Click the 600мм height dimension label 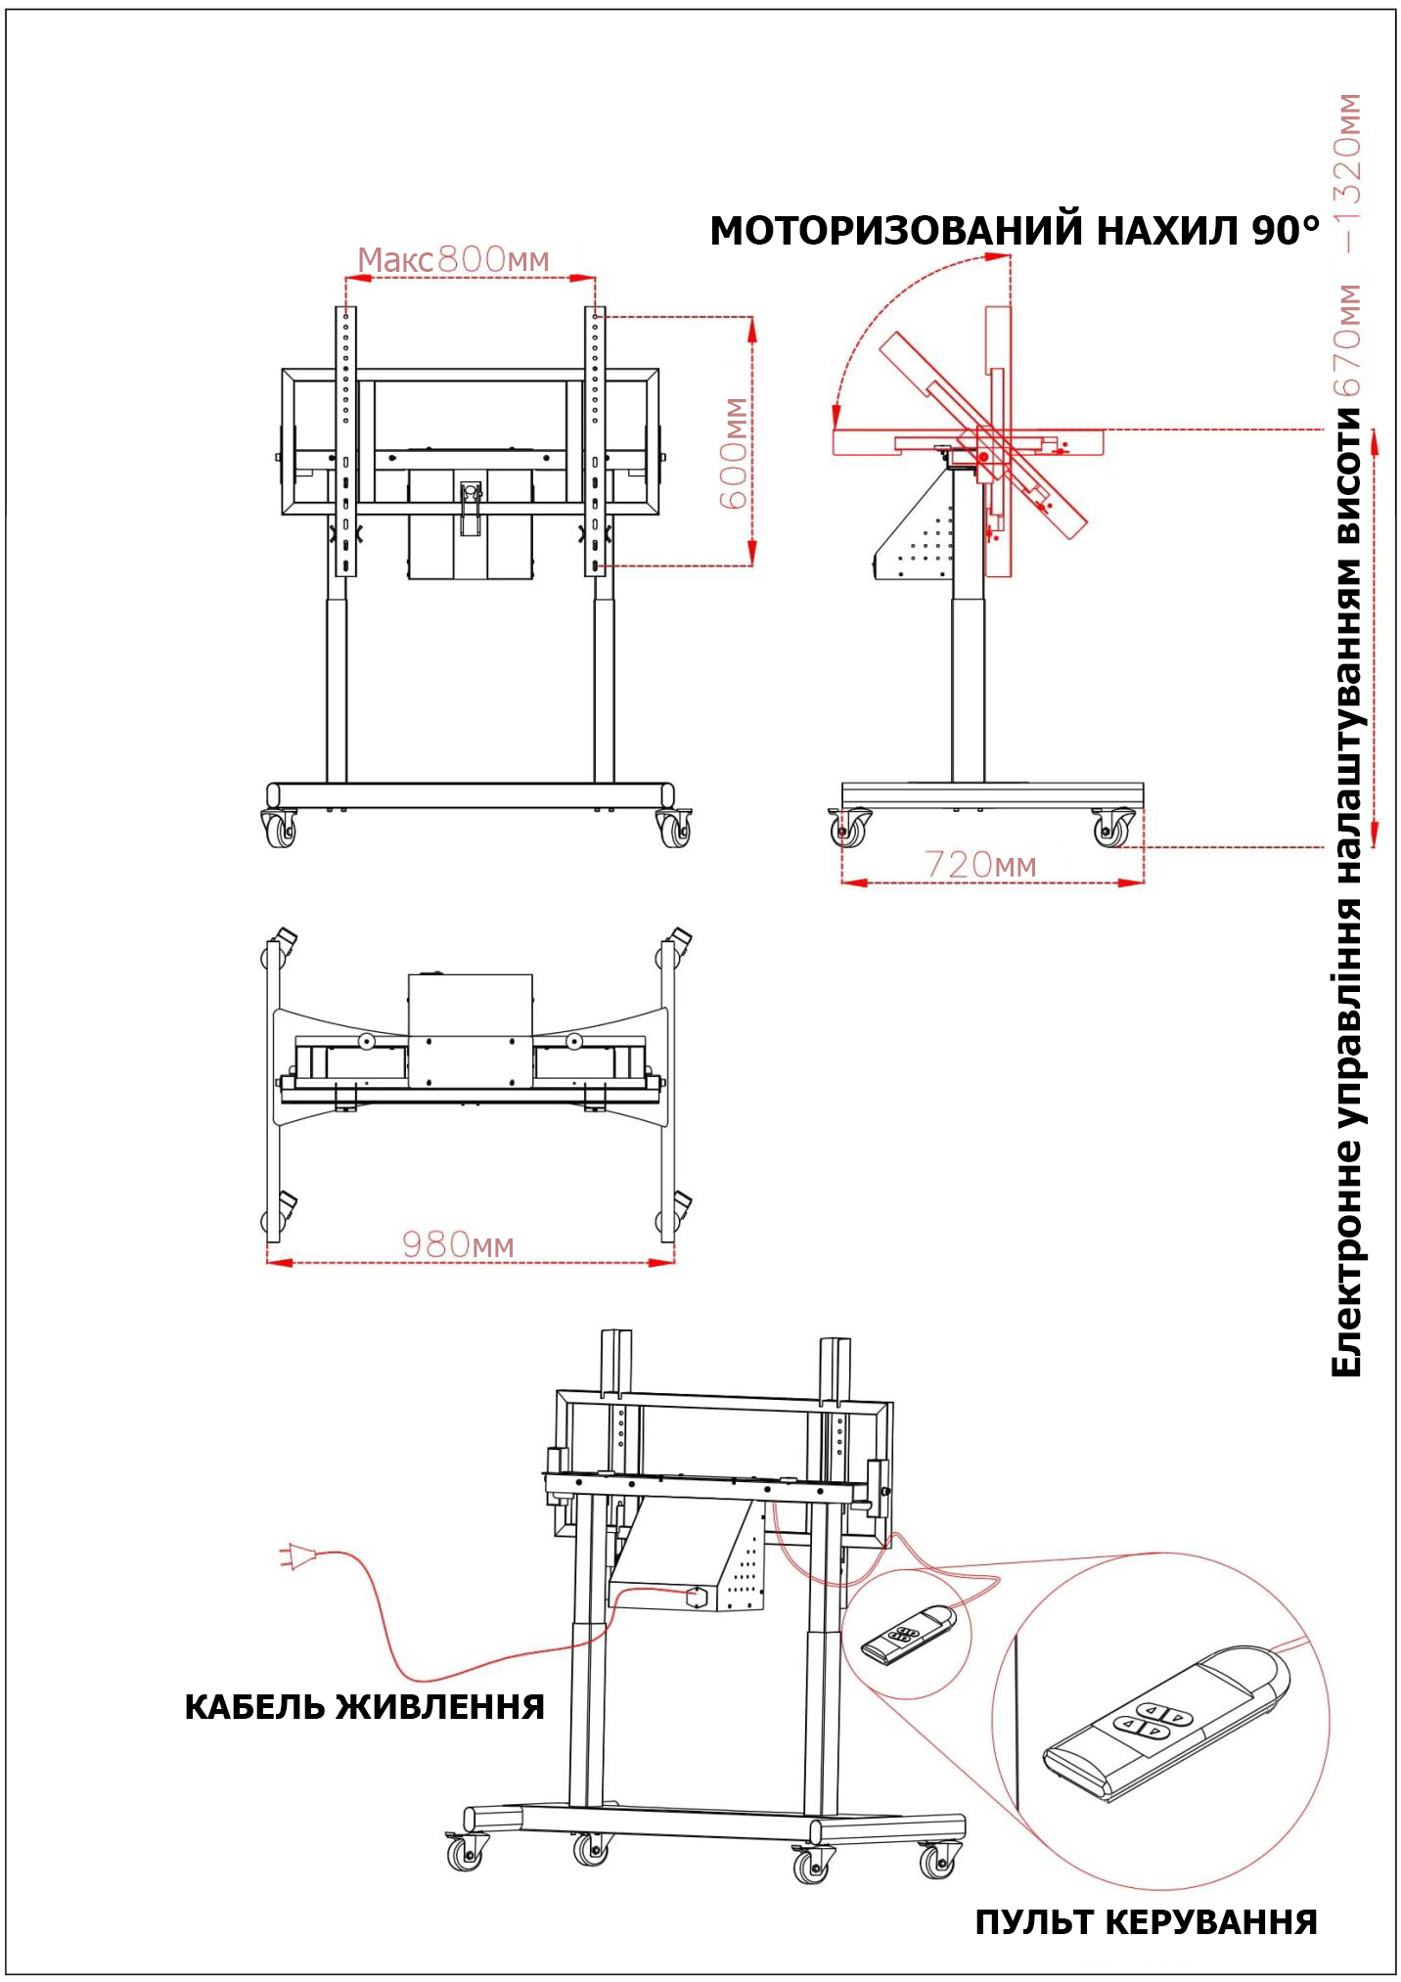pos(734,453)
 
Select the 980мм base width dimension pos(458,1244)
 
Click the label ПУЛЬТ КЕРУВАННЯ pos(1146,1922)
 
